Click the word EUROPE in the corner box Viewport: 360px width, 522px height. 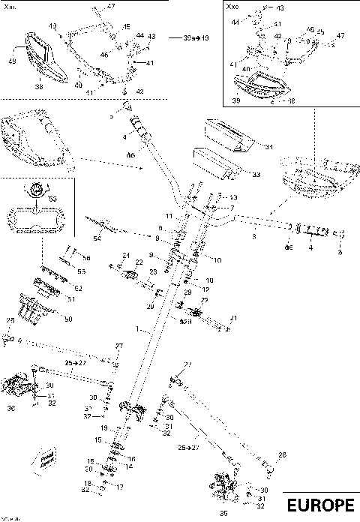pyautogui.click(x=320, y=505)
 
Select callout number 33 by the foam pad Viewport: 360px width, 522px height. pyautogui.click(x=256, y=175)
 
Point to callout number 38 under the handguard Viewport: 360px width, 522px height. pyautogui.click(x=40, y=87)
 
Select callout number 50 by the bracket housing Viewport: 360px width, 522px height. pyautogui.click(x=68, y=319)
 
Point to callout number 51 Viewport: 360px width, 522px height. pyautogui.click(x=71, y=299)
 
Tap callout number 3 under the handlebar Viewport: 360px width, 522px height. pyautogui.click(x=253, y=235)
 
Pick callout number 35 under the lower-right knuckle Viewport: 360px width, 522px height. pyautogui.click(x=221, y=514)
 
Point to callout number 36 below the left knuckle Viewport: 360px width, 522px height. pyautogui.click(x=10, y=409)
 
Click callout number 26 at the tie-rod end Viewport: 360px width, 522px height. pyautogui.click(x=282, y=454)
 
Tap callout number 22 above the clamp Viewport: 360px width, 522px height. pyautogui.click(x=139, y=262)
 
